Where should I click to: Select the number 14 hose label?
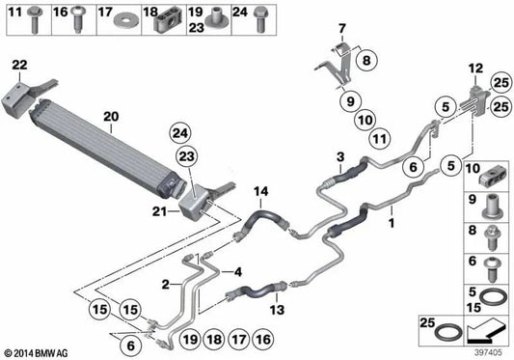click(260, 193)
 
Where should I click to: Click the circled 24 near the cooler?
click(181, 131)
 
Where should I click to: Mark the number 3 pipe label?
click(340, 156)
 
